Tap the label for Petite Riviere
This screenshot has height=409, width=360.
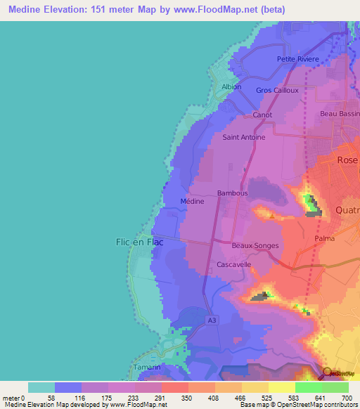298,59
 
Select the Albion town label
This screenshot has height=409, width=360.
231,87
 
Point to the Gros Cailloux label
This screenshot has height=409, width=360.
277,91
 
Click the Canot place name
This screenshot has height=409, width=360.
262,115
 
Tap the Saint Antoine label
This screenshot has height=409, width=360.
244,138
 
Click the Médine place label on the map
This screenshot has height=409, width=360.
192,202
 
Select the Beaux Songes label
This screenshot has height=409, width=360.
255,246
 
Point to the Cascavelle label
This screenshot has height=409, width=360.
234,265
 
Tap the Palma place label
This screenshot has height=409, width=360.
324,238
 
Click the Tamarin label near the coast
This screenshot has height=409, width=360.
146,368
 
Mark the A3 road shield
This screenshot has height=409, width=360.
212,320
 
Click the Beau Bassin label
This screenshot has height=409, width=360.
340,114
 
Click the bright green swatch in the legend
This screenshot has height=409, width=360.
308,387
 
